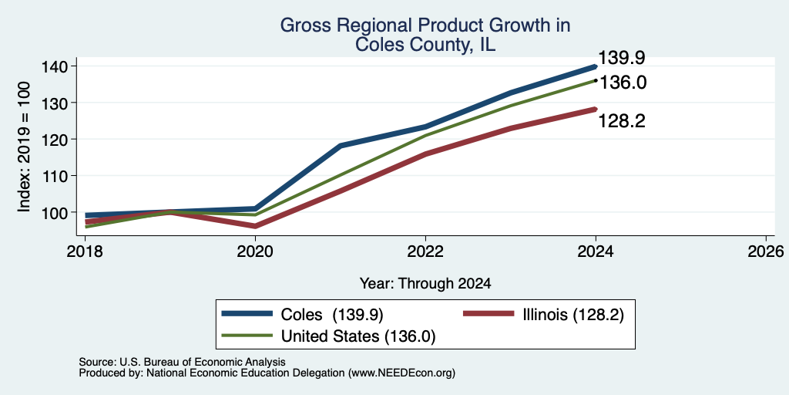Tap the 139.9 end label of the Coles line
(x=622, y=58)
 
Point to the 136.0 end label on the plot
(x=623, y=83)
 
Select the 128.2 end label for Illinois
(x=622, y=121)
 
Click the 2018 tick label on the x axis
(x=85, y=251)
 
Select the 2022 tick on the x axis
(x=425, y=251)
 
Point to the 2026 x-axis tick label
(x=766, y=251)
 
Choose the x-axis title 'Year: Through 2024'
(x=425, y=284)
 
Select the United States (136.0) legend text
(x=357, y=336)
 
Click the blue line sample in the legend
(x=247, y=314)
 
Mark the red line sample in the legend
(x=488, y=314)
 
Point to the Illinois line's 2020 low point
(x=255, y=226)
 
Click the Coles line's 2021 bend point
(x=341, y=146)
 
